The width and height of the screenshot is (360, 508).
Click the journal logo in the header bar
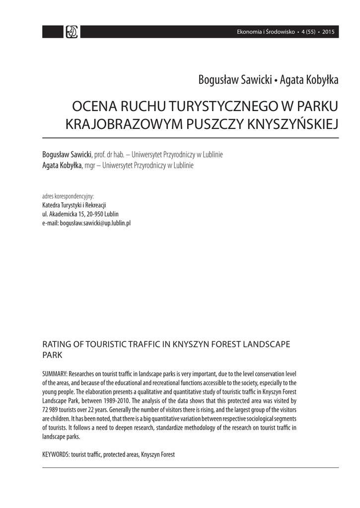72,32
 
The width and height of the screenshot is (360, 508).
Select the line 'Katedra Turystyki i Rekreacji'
74,205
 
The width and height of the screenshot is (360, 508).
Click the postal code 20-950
95,214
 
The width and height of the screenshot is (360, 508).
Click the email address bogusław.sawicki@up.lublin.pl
95,223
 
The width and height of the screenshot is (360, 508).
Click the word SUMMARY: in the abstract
55,374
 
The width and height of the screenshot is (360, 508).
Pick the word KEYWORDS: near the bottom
56,454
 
